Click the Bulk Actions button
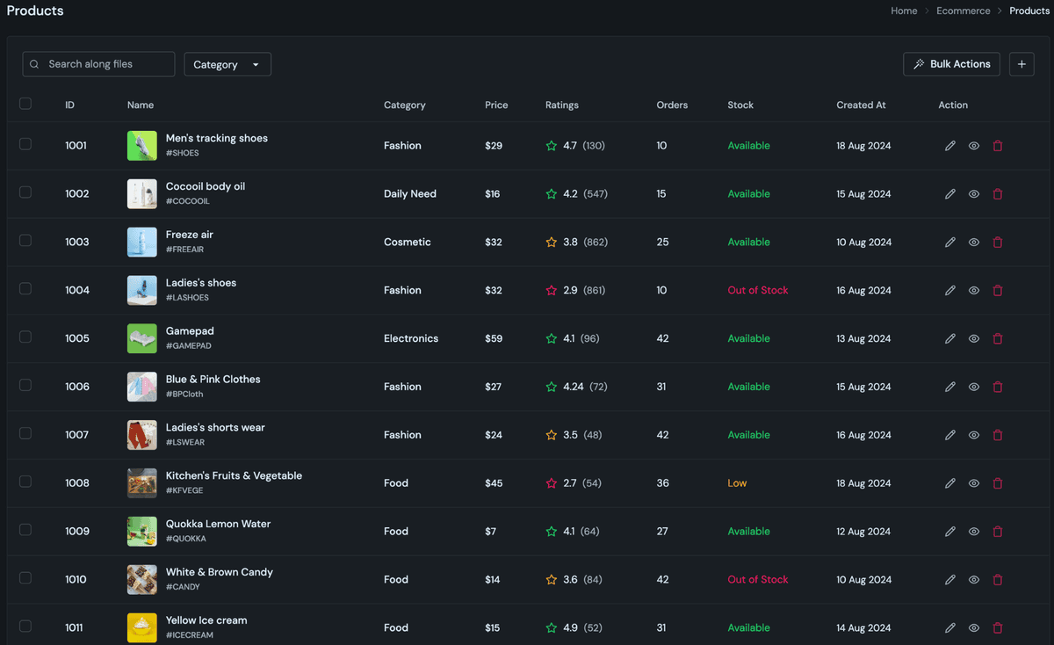coord(951,64)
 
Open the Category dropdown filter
coord(227,64)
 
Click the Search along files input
coord(98,64)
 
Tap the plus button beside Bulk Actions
coord(1022,64)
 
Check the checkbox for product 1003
coord(25,241)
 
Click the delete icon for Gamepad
coord(998,338)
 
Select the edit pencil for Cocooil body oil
coord(949,194)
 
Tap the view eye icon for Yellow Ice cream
coord(974,627)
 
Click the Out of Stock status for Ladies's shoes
coord(757,290)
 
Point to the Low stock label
coord(737,483)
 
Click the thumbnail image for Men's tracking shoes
coord(142,146)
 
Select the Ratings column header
coord(561,105)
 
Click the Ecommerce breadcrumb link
coord(963,11)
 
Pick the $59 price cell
coord(494,338)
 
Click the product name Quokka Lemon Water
coord(218,524)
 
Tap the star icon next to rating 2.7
coord(552,483)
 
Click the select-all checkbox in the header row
coord(25,104)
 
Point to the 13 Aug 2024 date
coord(863,338)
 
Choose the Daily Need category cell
coord(409,194)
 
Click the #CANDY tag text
coord(183,587)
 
